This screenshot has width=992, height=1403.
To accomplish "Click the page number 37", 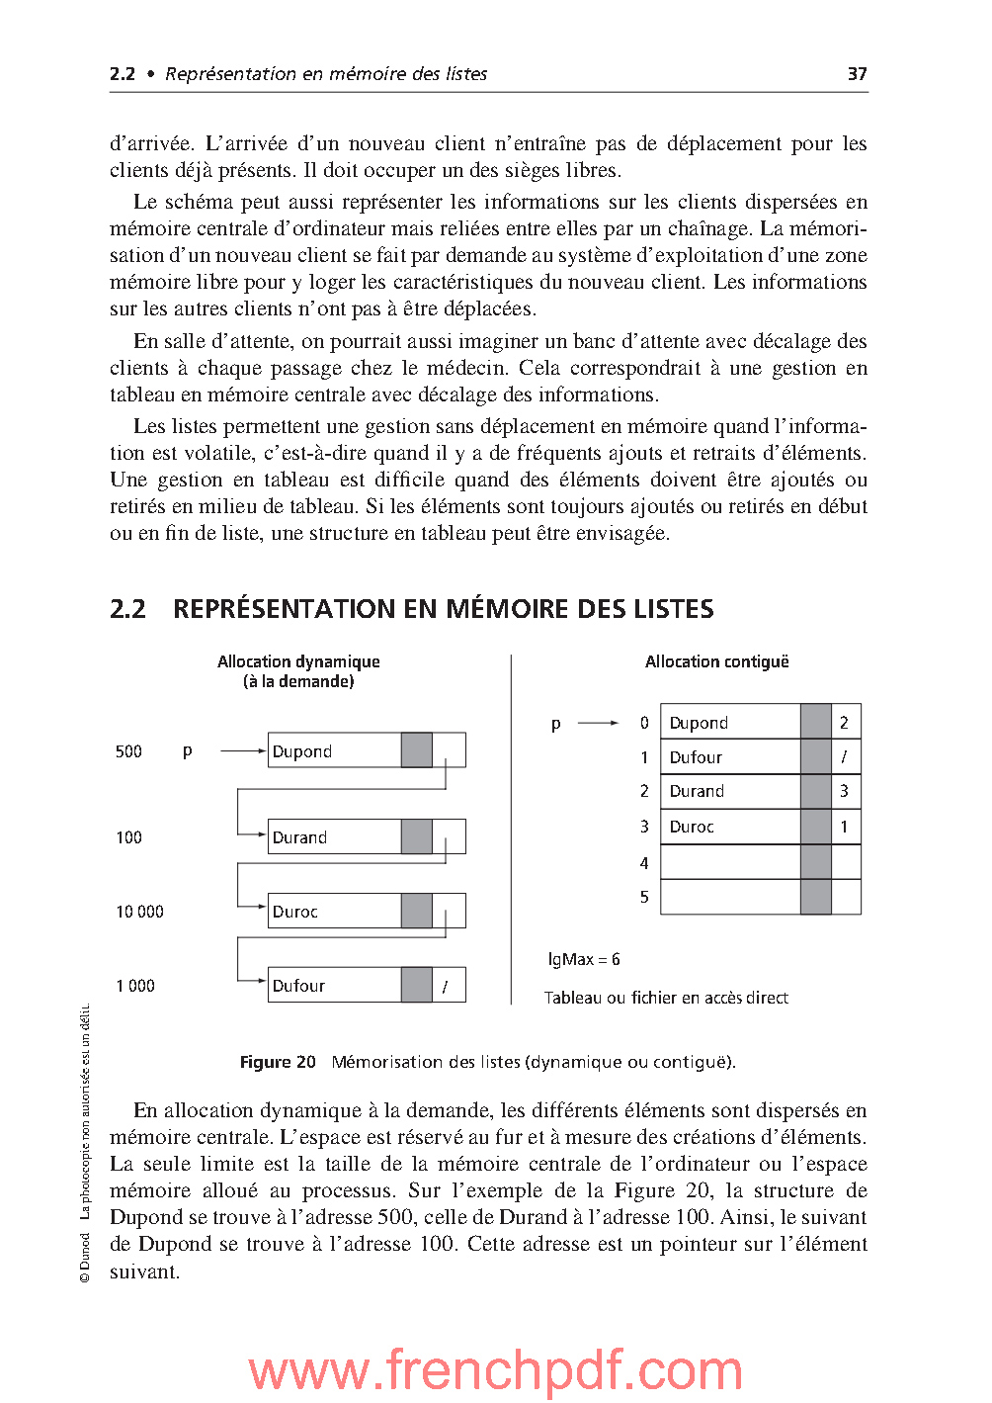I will tap(857, 74).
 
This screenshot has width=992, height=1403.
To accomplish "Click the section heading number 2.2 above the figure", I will tap(127, 609).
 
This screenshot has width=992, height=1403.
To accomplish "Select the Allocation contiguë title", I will tap(716, 661).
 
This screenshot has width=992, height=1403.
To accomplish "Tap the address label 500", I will tap(128, 751).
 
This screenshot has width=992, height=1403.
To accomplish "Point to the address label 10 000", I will tap(139, 912).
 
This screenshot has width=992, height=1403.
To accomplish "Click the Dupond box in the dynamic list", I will tap(334, 750).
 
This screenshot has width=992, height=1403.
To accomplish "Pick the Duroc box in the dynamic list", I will tap(334, 911).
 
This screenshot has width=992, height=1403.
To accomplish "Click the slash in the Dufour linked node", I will tap(446, 986).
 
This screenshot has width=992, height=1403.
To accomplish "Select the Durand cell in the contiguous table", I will tap(729, 791).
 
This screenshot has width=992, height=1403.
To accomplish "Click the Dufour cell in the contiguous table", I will tap(729, 757).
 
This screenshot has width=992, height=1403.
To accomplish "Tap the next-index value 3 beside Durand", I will tap(844, 791).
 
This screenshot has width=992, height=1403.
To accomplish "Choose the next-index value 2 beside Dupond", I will tap(844, 723).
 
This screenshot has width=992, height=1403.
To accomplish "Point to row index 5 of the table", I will tap(644, 897).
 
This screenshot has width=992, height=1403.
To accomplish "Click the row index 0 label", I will tap(644, 723).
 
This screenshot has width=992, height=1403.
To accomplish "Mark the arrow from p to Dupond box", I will tap(242, 751).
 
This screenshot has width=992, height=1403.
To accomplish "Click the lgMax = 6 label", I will tap(584, 959).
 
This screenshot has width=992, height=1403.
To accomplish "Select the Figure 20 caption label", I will tap(278, 1062).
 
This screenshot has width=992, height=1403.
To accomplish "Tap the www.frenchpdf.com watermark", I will tap(495, 1370).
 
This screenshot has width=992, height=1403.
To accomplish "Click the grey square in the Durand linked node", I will tap(417, 836).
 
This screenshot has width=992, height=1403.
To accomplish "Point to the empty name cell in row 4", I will tap(729, 862).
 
